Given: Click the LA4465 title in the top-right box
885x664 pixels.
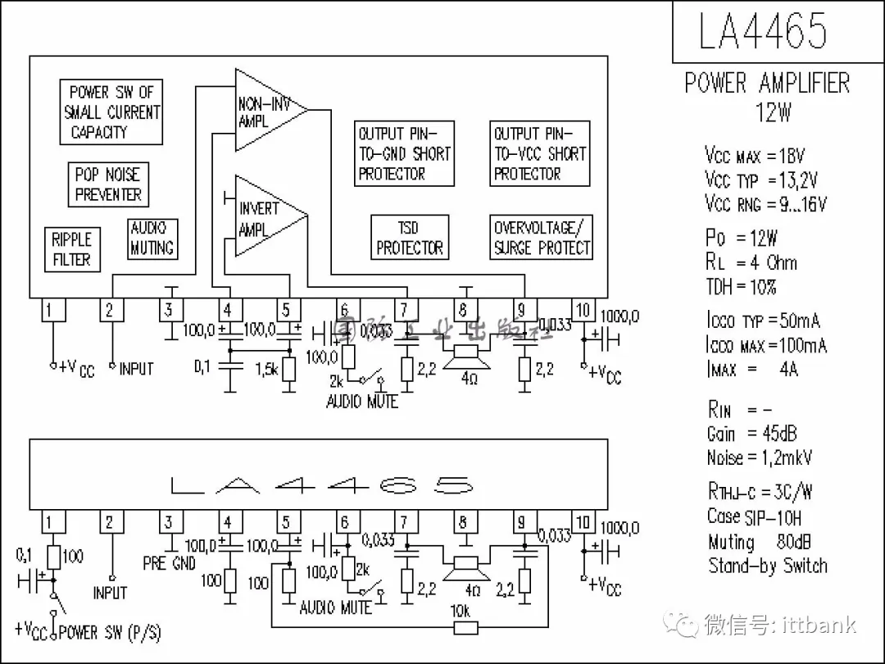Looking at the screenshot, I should pyautogui.click(x=762, y=31).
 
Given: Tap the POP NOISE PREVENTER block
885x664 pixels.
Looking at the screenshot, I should pyautogui.click(x=108, y=184).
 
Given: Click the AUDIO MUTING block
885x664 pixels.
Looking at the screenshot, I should pyautogui.click(x=152, y=238).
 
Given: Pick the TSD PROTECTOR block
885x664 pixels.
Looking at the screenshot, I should pyautogui.click(x=409, y=238).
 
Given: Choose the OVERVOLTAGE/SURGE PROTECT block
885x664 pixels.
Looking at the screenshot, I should pyautogui.click(x=542, y=238).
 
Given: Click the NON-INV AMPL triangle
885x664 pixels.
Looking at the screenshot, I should pyautogui.click(x=266, y=111).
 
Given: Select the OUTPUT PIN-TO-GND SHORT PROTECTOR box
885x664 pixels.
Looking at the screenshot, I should pyautogui.click(x=403, y=153).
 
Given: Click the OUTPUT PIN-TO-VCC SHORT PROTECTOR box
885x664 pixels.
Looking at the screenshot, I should pyautogui.click(x=539, y=153).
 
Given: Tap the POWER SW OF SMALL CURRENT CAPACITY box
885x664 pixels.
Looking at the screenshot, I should pyautogui.click(x=111, y=112).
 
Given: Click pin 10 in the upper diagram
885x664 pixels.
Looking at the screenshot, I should pyautogui.click(x=582, y=310).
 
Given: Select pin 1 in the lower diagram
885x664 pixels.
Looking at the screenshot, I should pyautogui.click(x=52, y=522).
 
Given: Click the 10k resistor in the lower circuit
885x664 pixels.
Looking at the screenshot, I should pyautogui.click(x=466, y=627).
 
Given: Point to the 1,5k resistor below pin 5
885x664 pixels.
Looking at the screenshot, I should pyautogui.click(x=288, y=368).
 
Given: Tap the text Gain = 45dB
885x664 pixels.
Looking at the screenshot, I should pyautogui.click(x=751, y=433).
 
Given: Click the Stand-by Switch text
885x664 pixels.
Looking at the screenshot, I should pyautogui.click(x=768, y=566).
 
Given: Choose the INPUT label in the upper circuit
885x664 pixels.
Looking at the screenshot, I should pyautogui.click(x=136, y=369).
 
